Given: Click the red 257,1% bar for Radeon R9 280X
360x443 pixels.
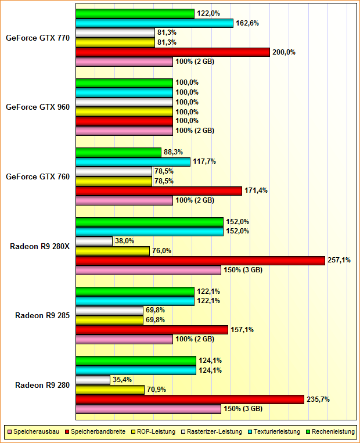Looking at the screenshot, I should point(200,260).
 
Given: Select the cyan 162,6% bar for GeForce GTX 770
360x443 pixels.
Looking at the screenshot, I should point(154,23).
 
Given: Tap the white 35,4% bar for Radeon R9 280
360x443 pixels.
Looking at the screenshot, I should point(93,380).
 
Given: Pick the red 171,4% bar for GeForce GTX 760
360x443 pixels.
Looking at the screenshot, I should point(159,190).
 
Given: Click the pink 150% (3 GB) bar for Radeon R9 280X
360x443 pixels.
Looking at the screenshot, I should point(148,270).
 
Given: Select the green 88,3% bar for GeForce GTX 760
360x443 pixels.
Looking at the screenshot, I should point(118,152).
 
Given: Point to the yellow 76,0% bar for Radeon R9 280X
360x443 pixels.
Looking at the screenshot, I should point(113,251).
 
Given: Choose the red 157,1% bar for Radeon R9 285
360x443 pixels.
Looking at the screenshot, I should point(152,330).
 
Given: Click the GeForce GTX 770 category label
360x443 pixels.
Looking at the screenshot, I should point(38,38).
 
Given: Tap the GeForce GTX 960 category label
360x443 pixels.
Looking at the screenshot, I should point(38,107).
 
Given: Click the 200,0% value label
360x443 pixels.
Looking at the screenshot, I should point(284,52).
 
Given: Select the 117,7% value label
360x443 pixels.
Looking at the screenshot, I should point(204,161).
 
